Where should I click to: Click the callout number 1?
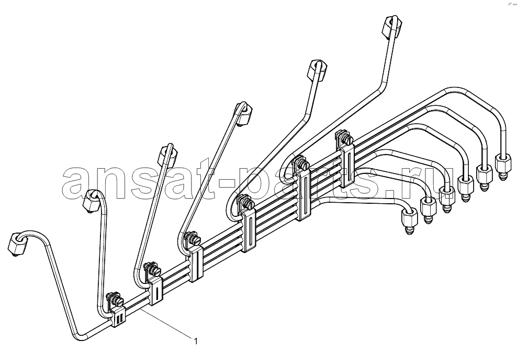pyautogui.click(x=196, y=341)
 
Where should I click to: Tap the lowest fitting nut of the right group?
pyautogui.click(x=409, y=218)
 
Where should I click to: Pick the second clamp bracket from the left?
pyautogui.click(x=155, y=290)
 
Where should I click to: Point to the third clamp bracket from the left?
pyautogui.click(x=196, y=263)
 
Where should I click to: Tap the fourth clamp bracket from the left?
pyautogui.click(x=249, y=232)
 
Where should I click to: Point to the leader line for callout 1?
pyautogui.click(x=166, y=323)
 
